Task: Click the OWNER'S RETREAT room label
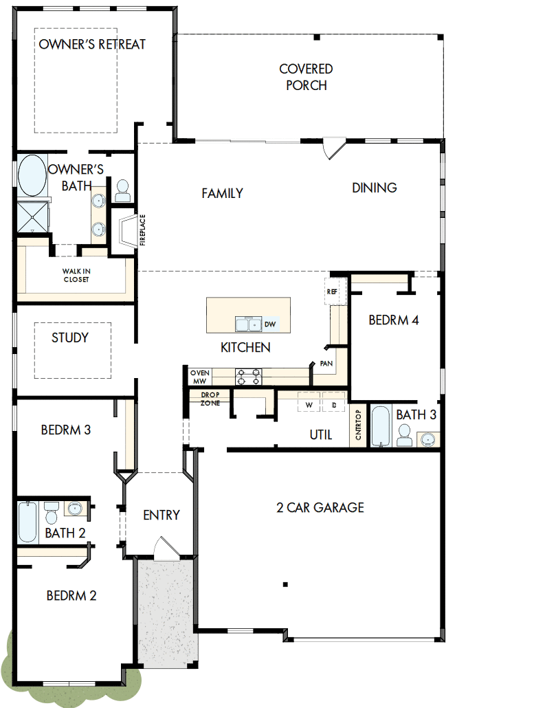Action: click(92, 45)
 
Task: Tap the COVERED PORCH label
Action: click(306, 77)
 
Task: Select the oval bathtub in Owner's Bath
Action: click(31, 176)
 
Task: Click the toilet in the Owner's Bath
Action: click(123, 190)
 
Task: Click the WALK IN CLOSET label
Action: click(76, 275)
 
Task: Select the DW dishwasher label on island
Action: click(270, 324)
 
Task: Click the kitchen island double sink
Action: click(247, 324)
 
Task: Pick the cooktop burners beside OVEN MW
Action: click(248, 376)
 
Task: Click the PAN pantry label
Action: click(326, 363)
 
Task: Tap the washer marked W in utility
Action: click(309, 405)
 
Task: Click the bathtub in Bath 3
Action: click(380, 426)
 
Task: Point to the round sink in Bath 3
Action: click(427, 439)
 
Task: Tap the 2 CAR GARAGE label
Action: click(320, 508)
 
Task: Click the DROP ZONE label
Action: click(210, 399)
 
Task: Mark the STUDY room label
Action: click(70, 338)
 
